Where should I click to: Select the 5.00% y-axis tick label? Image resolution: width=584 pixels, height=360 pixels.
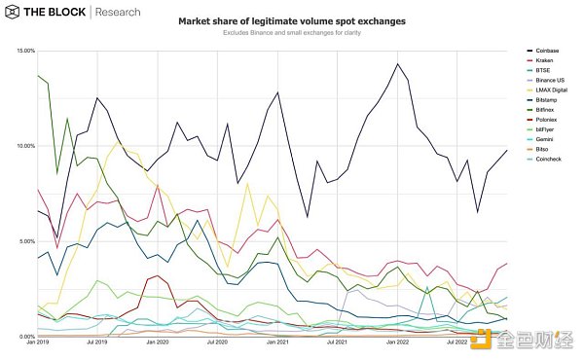(x=24, y=241)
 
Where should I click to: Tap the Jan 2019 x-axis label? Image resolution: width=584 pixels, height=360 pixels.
(x=38, y=343)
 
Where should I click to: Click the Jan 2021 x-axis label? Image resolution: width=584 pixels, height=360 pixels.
(x=276, y=343)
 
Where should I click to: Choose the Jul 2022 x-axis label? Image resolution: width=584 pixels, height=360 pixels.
(x=456, y=343)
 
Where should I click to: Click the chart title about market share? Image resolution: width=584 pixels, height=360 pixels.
(x=291, y=21)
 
